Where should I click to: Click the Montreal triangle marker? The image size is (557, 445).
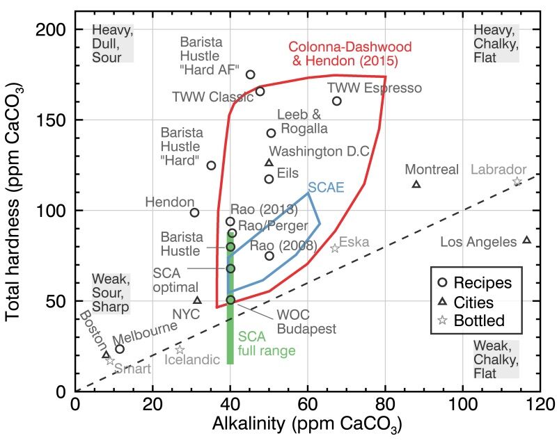click(x=416, y=184)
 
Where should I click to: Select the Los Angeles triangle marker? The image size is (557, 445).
click(x=526, y=240)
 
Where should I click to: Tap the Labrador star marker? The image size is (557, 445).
click(x=517, y=181)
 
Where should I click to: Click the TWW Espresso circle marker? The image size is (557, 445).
click(x=336, y=101)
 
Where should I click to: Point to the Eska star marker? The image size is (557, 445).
click(x=335, y=248)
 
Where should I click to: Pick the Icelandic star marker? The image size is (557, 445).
click(x=179, y=350)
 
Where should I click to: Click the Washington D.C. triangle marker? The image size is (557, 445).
click(x=269, y=163)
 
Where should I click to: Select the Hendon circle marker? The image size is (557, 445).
click(x=194, y=212)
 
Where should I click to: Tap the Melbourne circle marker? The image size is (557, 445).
click(x=119, y=348)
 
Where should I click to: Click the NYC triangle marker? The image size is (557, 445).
click(x=197, y=300)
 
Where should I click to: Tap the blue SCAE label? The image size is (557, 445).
click(x=326, y=188)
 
